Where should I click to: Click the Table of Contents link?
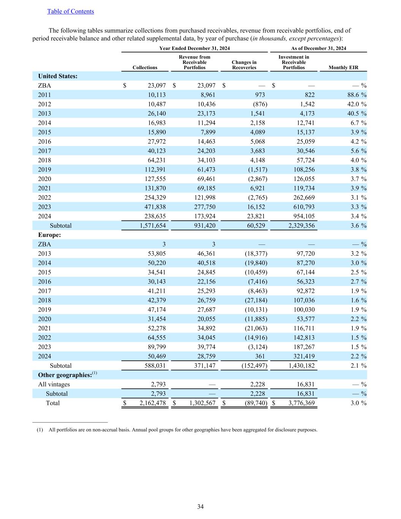[x=70, y=11]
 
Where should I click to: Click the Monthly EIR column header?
[x=343, y=68]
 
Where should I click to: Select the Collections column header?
[x=145, y=68]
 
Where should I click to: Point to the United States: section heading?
[x=58, y=76]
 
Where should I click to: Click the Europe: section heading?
[x=49, y=235]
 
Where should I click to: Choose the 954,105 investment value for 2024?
[x=301, y=216]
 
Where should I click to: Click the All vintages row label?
[x=54, y=384]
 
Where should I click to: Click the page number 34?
[x=200, y=506]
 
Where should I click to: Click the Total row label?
[x=53, y=403]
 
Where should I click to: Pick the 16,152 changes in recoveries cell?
[x=254, y=207]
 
